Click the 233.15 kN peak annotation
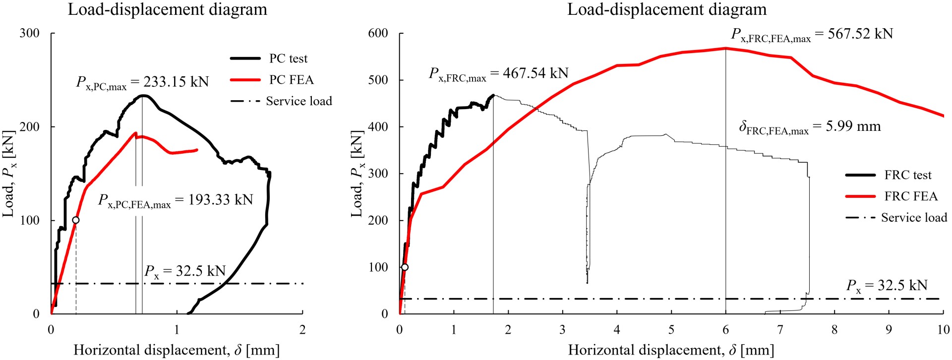[143, 82]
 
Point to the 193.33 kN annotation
[176, 200]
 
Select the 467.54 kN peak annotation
[499, 74]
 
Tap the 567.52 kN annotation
[812, 35]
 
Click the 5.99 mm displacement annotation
[810, 127]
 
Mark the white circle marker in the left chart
[76, 220]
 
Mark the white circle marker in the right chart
[405, 267]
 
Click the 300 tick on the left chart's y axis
[29, 33]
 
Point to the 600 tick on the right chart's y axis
[378, 33]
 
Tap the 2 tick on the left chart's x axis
[302, 330]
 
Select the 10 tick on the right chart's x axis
[943, 330]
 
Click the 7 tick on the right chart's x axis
[780, 330]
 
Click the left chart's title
[167, 9]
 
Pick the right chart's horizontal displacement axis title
[671, 350]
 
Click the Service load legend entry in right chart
[913, 218]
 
